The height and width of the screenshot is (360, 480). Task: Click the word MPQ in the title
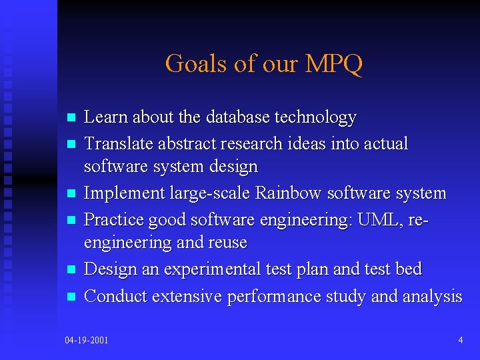[334, 64]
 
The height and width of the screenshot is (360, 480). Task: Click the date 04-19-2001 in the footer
[87, 341]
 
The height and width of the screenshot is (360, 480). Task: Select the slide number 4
[461, 341]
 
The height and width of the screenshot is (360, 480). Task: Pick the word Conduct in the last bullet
[116, 296]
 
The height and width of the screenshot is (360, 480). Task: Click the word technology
[315, 118]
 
